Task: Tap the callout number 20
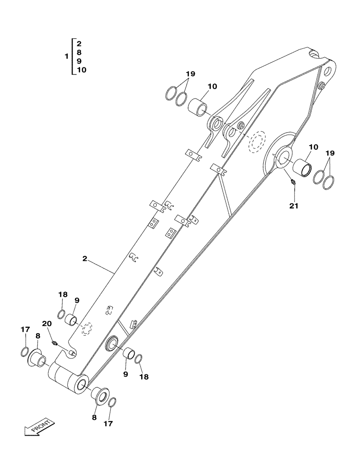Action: (x=46, y=323)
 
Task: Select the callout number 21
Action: (x=295, y=206)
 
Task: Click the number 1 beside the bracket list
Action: (x=66, y=56)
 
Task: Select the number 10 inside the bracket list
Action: (x=81, y=70)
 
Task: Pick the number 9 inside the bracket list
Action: (x=79, y=61)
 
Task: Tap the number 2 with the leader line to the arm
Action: (x=84, y=259)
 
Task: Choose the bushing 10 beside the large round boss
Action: (x=303, y=166)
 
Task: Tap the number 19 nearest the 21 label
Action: (x=331, y=153)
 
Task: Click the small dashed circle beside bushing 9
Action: (x=86, y=329)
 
